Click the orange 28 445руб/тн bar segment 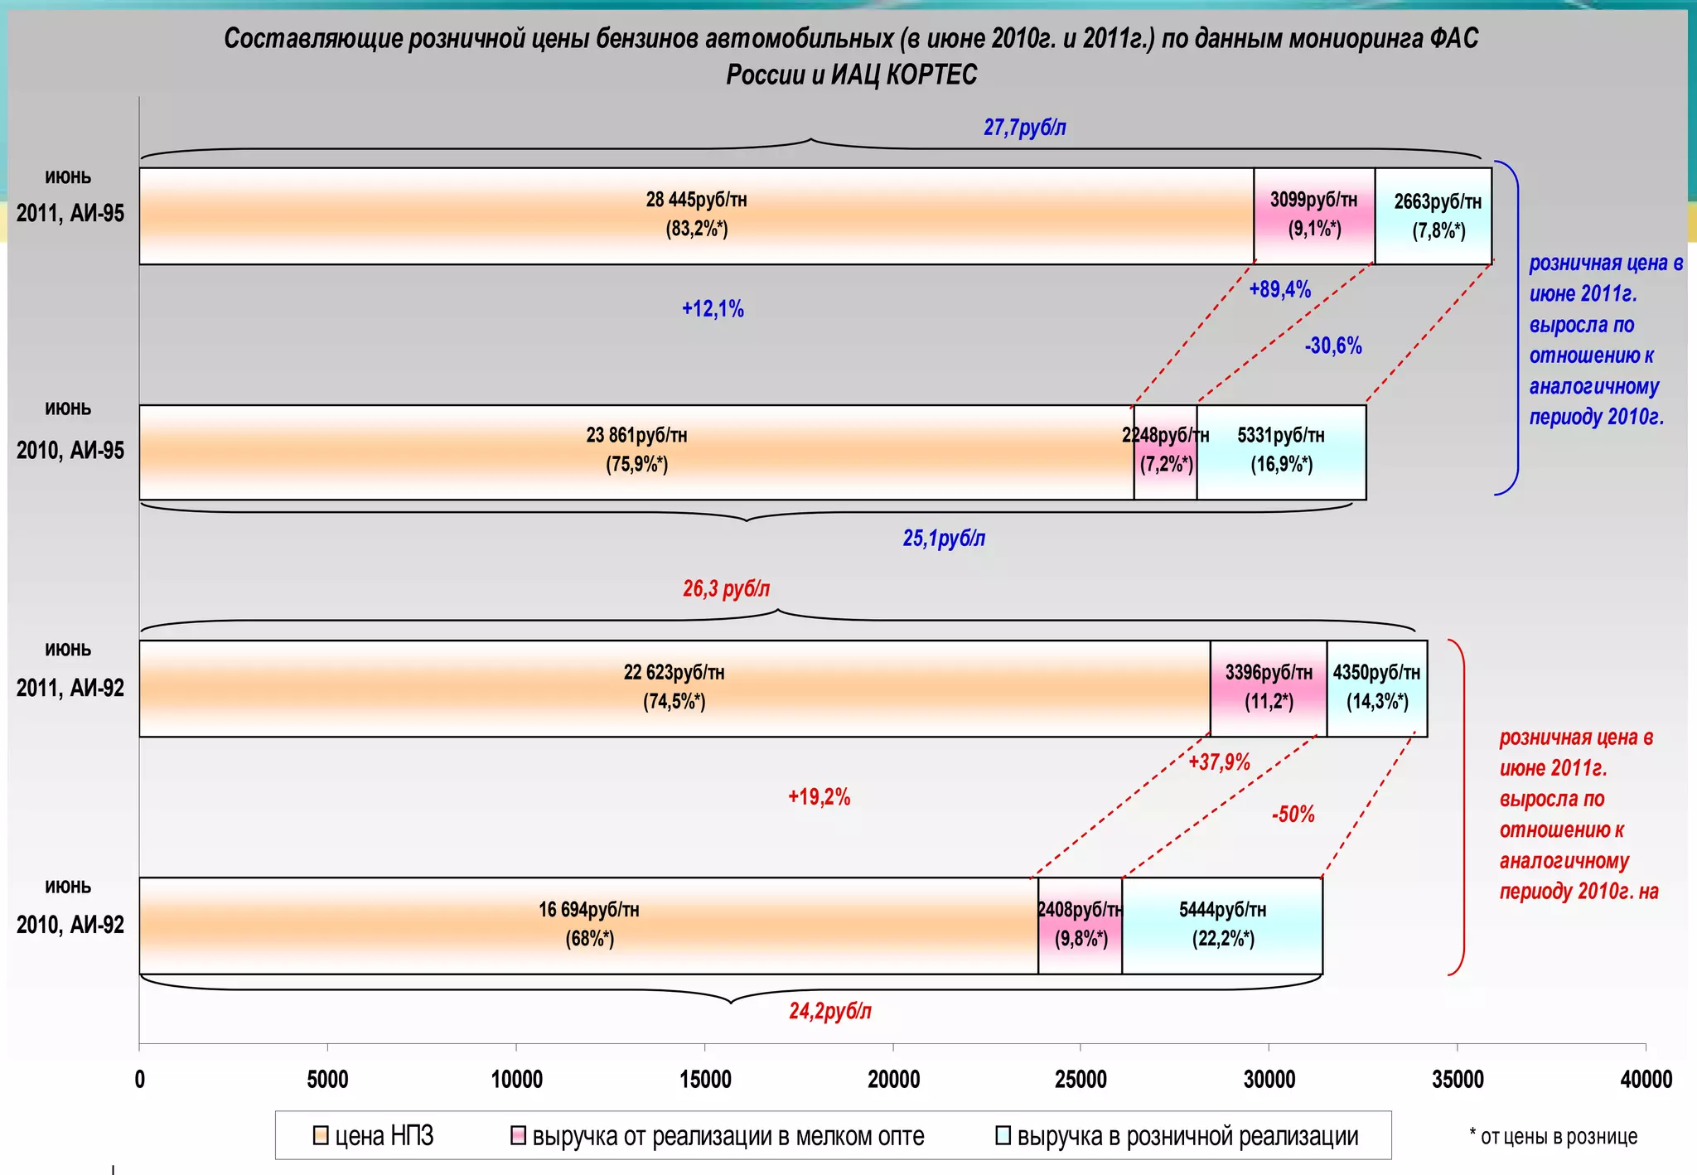coord(696,215)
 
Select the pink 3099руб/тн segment coord(1314,215)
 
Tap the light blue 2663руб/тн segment coord(1434,215)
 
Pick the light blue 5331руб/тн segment coord(1281,452)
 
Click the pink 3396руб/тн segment coord(1269,688)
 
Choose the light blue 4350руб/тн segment coord(1377,688)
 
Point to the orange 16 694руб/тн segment coord(588,925)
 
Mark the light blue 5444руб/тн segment coord(1222,925)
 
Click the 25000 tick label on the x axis coord(1081,1079)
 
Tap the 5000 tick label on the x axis coord(327,1079)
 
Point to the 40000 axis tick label coord(1646,1079)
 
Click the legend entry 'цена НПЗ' coord(374,1136)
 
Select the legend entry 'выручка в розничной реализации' coord(1177,1136)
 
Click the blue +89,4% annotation coord(1279,289)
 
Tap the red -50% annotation coord(1293,814)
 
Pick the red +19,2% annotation coord(819,797)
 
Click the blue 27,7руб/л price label coord(1024,128)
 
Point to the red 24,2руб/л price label coord(829,1011)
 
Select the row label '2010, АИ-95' coord(70,450)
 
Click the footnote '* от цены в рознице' coord(1553,1136)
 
